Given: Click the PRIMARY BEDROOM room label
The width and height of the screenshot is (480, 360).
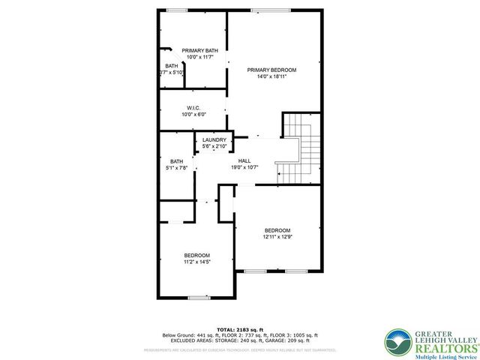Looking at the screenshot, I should [271, 70].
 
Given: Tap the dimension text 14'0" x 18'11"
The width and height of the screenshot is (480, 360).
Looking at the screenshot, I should [271, 76].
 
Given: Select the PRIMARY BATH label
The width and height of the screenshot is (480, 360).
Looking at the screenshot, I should [195, 50].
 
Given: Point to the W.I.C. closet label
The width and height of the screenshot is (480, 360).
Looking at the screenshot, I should [193, 108].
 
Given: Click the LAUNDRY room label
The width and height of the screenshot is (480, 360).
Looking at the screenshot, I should [214, 140].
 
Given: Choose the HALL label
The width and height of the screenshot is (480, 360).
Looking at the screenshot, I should [244, 160].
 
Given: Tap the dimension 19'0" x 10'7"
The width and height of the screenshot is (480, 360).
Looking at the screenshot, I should [244, 167].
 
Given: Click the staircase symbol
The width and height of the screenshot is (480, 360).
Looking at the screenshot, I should [299, 149].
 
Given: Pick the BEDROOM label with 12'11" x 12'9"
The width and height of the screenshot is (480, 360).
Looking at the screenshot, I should [277, 229].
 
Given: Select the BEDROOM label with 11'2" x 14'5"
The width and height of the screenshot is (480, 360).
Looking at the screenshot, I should [197, 255].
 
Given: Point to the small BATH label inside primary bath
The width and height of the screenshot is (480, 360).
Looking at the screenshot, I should [172, 66].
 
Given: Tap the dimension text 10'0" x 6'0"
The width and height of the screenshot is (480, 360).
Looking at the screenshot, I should [193, 115].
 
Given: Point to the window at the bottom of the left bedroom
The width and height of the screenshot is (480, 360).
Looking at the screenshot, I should [198, 298].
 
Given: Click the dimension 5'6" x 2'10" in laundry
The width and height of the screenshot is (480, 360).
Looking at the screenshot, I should [214, 147].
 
